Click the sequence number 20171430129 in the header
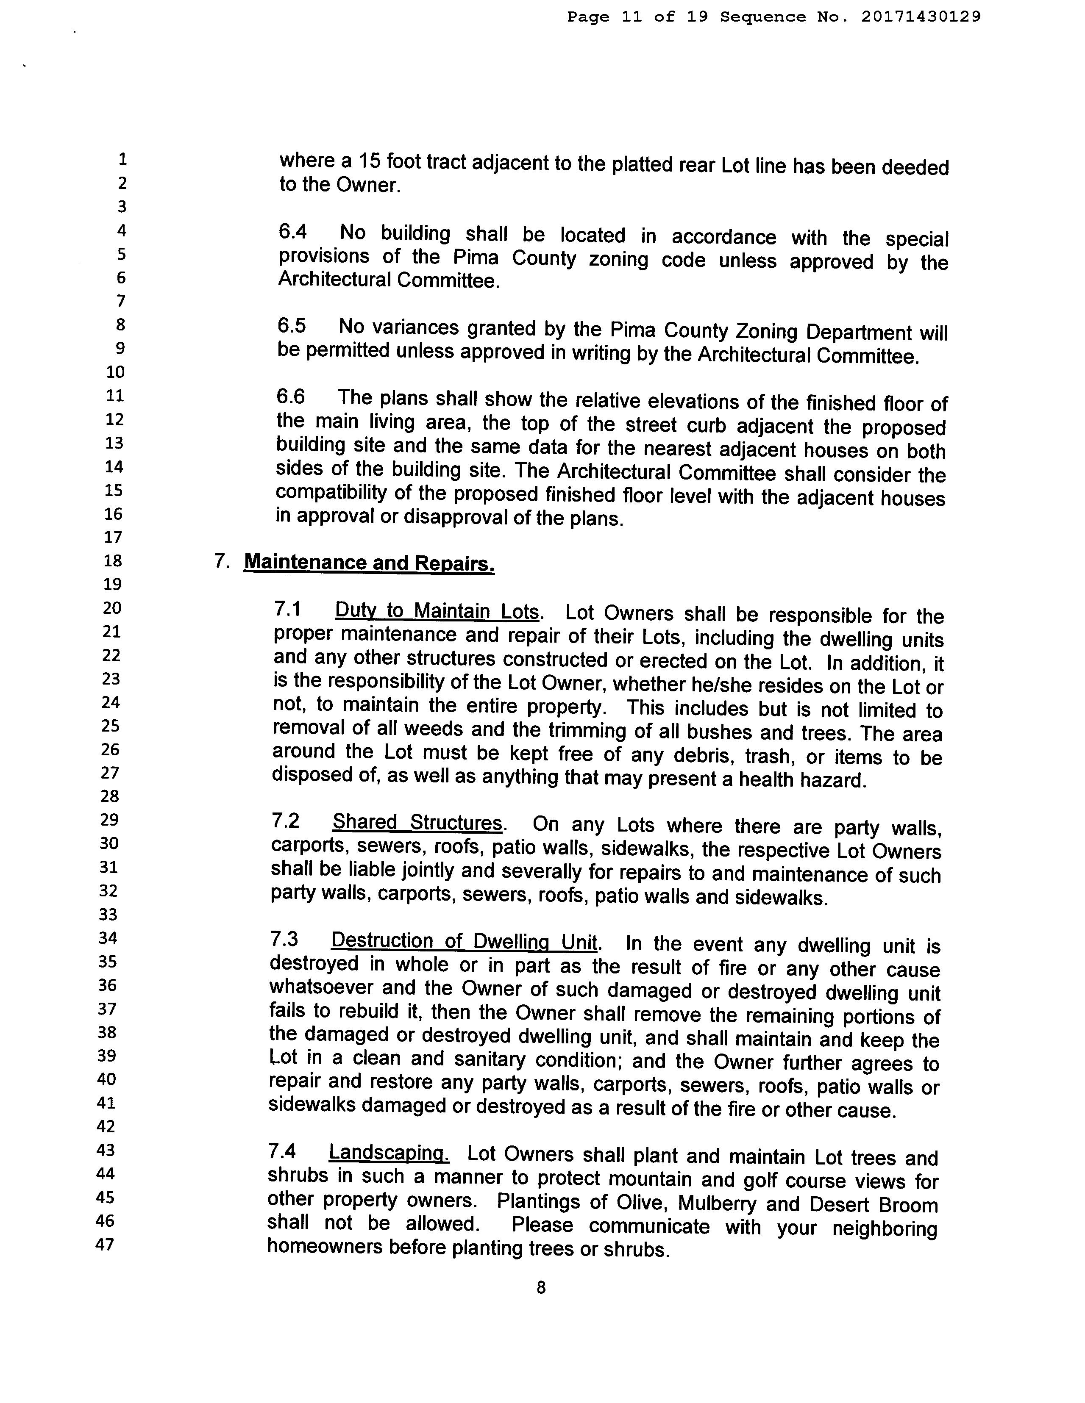pos(921,17)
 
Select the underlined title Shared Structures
pos(417,823)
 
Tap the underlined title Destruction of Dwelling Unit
pos(464,942)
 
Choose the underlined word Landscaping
pos(388,1153)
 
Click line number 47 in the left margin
pos(105,1245)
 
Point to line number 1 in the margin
pos(122,159)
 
